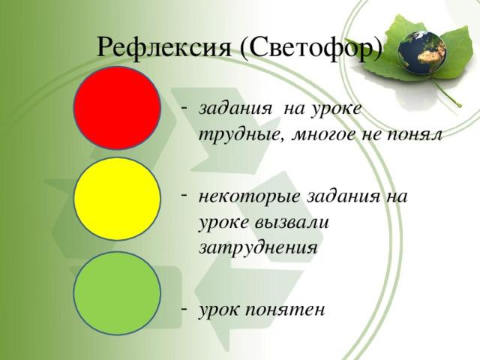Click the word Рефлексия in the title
pyautogui.click(x=163, y=47)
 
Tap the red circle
pyautogui.click(x=117, y=108)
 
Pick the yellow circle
pyautogui.click(x=117, y=199)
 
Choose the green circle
pyautogui.click(x=117, y=293)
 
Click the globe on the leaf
pyautogui.click(x=422, y=52)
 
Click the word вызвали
pyautogui.click(x=292, y=223)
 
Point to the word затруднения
pyautogui.click(x=258, y=248)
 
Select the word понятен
pyautogui.click(x=285, y=310)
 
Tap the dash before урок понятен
pyautogui.click(x=184, y=309)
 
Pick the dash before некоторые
pyautogui.click(x=184, y=195)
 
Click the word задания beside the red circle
pyautogui.click(x=235, y=109)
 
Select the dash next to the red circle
pyautogui.click(x=184, y=107)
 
